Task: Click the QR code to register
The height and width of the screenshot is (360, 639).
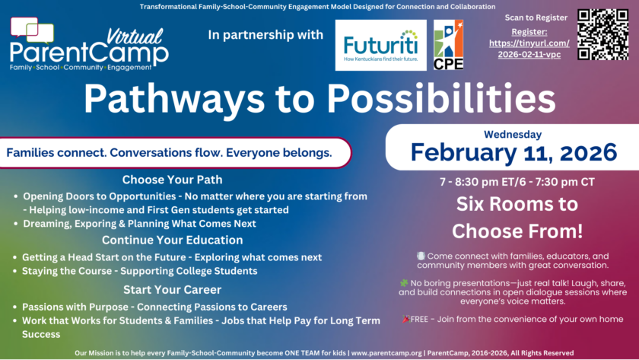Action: tap(603, 34)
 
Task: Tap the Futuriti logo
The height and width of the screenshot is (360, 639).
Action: tap(380, 45)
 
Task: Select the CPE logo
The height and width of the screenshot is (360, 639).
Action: tap(448, 45)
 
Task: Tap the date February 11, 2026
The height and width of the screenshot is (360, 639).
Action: tap(513, 152)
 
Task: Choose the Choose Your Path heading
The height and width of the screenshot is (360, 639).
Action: tap(172, 180)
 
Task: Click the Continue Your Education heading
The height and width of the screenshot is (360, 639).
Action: tap(172, 240)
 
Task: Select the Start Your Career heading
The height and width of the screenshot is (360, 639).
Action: tap(172, 289)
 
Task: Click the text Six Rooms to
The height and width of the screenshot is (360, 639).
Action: tap(517, 204)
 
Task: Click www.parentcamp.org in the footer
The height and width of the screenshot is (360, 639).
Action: tap(387, 353)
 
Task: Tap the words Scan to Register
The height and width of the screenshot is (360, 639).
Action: tap(536, 18)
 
